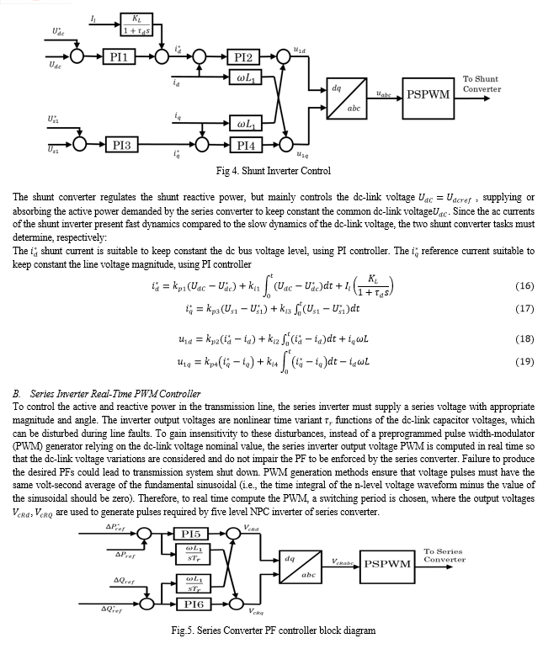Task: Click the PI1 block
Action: [119, 56]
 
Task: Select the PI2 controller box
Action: [243, 57]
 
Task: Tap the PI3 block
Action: [121, 145]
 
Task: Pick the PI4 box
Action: [246, 146]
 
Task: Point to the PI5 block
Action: [190, 534]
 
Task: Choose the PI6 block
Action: [194, 604]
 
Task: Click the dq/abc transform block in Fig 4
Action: [347, 98]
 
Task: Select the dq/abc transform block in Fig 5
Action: [301, 567]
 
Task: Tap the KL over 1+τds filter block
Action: [136, 24]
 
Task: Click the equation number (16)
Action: [524, 285]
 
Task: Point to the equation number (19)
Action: [524, 361]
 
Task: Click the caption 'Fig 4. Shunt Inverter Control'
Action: [274, 171]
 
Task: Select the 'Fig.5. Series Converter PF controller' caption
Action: [274, 630]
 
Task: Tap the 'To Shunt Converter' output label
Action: [482, 84]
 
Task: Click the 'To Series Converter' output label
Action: [445, 556]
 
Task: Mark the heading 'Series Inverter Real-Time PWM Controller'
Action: [115, 394]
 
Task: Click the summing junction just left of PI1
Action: [77, 56]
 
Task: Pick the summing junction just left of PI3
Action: [79, 144]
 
